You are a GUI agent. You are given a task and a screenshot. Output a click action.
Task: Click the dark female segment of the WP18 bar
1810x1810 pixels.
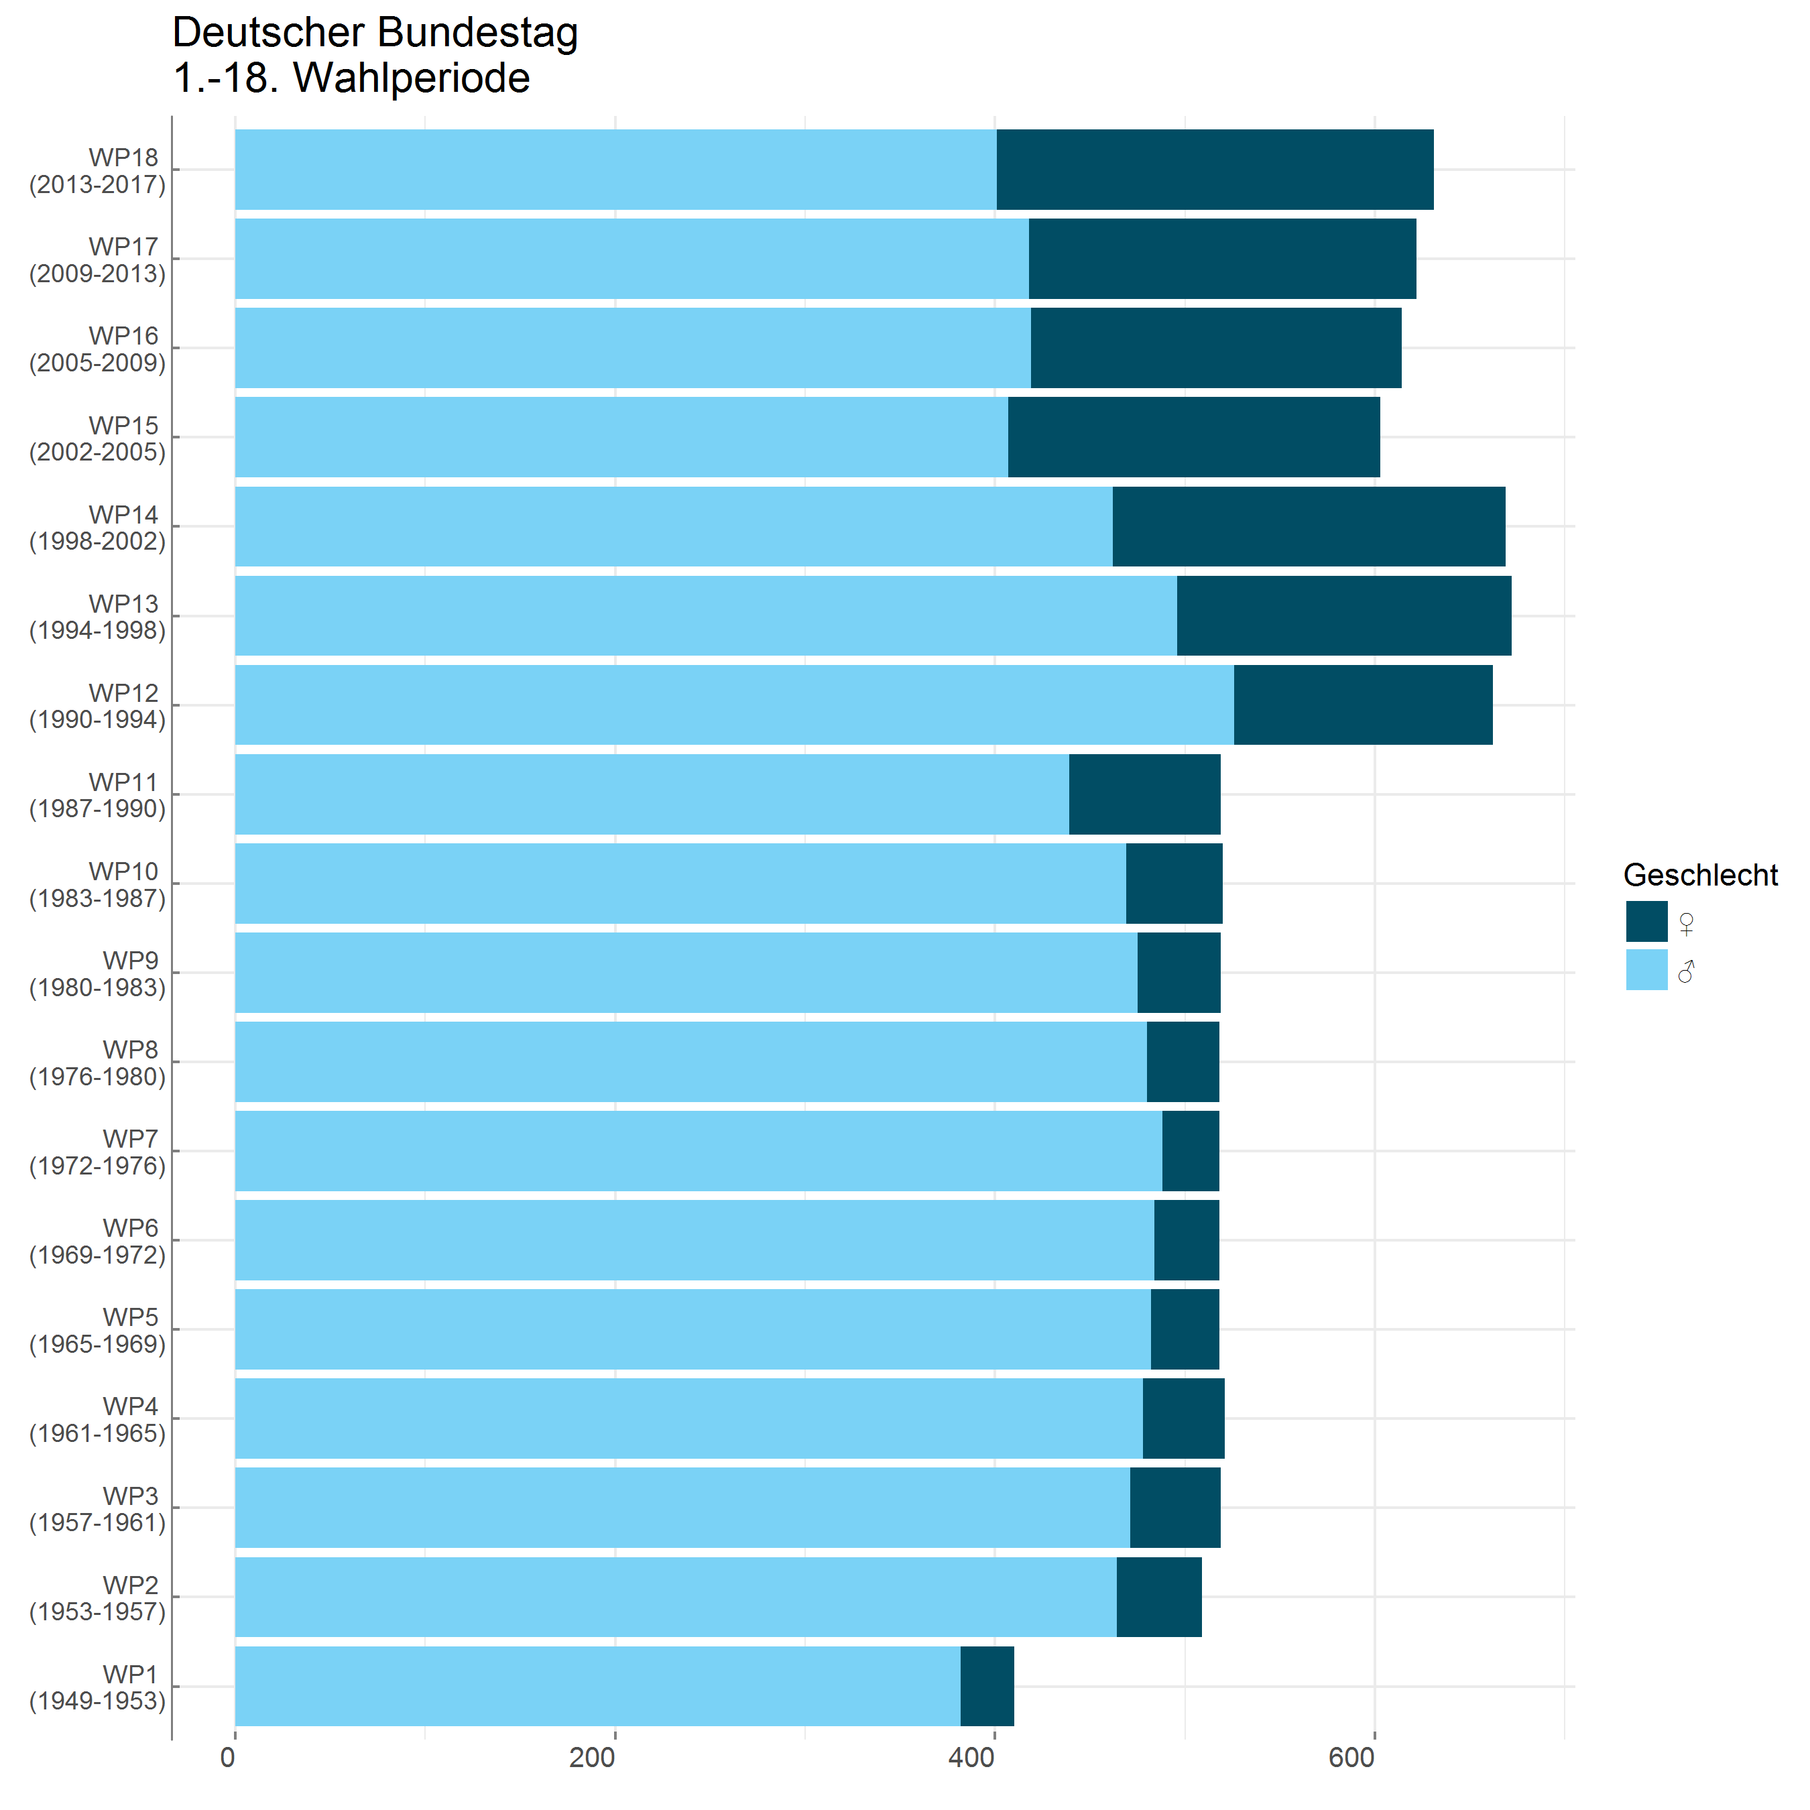pyautogui.click(x=1214, y=170)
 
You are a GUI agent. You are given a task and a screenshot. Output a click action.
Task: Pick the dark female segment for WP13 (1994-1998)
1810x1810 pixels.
pyautogui.click(x=1343, y=615)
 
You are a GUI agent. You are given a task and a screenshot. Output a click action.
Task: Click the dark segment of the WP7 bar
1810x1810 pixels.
pyautogui.click(x=1190, y=1150)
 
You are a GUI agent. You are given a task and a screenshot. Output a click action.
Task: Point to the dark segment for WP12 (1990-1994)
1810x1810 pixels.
pyautogui.click(x=1362, y=705)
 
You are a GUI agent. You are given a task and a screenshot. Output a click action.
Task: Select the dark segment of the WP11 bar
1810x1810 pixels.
pyautogui.click(x=1144, y=794)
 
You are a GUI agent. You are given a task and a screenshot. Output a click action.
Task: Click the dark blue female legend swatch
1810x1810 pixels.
pyautogui.click(x=1646, y=921)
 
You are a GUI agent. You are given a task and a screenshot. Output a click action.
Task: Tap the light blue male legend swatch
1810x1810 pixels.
pyautogui.click(x=1646, y=969)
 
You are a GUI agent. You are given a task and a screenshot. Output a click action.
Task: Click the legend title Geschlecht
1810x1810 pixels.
pyautogui.click(x=1699, y=874)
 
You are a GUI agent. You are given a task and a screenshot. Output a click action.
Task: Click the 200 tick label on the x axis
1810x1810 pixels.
pyautogui.click(x=592, y=1758)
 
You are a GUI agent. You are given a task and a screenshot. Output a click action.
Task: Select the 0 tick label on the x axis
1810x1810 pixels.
pyautogui.click(x=228, y=1758)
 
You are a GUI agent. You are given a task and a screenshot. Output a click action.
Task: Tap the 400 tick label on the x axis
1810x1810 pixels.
pyautogui.click(x=971, y=1758)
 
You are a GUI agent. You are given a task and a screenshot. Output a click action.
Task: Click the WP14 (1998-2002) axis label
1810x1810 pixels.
pyautogui.click(x=97, y=528)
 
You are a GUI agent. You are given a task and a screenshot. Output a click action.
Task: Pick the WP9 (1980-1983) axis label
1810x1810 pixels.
pyautogui.click(x=97, y=973)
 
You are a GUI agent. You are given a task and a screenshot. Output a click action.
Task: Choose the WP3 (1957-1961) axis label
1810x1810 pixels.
pyautogui.click(x=97, y=1508)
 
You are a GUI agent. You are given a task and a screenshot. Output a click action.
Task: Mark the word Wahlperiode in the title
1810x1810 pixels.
pyautogui.click(x=412, y=78)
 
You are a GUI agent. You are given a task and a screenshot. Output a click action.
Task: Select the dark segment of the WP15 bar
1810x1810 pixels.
pyautogui.click(x=1193, y=436)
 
